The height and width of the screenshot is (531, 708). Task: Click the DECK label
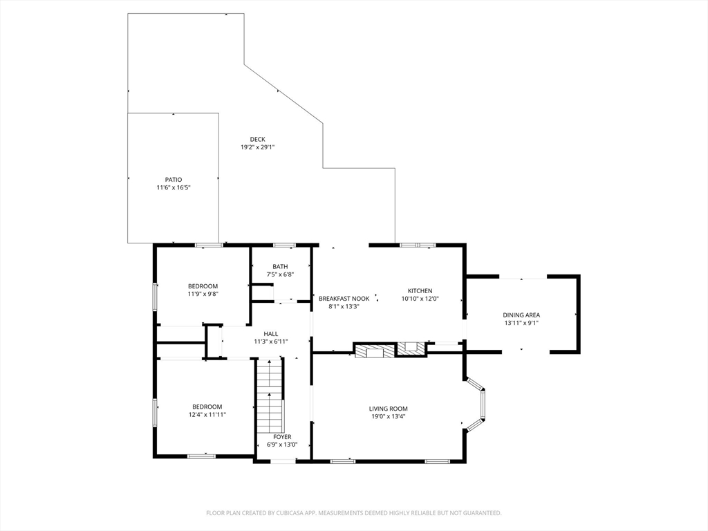pos(257,140)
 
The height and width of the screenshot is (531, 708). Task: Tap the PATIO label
pos(174,180)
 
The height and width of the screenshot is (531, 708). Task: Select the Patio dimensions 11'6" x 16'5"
pos(174,187)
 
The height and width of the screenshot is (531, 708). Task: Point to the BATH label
pos(280,266)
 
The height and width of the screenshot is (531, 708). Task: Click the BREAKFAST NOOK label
pos(344,299)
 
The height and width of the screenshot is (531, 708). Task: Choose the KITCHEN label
pos(420,291)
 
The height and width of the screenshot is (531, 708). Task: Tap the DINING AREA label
pos(521,315)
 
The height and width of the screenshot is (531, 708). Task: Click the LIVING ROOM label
pos(389,409)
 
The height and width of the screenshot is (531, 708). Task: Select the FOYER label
pos(282,437)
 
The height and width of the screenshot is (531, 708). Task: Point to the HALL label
pos(271,334)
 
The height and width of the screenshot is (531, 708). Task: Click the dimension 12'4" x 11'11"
pos(207,414)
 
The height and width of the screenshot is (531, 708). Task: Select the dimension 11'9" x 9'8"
pos(203,293)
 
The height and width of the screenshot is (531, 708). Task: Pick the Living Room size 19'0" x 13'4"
pos(389,416)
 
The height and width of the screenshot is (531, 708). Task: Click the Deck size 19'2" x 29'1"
pos(257,147)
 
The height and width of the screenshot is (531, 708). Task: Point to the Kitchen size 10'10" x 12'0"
pos(420,299)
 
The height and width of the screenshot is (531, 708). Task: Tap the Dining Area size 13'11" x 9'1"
pos(521,323)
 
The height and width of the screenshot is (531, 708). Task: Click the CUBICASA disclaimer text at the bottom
pos(354,513)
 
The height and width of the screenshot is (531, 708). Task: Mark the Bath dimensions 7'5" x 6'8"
pos(280,274)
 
